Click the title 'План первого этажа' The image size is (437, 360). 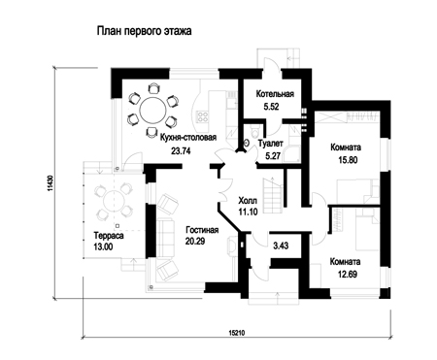click(x=144, y=31)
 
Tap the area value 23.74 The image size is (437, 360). click(x=181, y=150)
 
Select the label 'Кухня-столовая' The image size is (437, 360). click(x=188, y=138)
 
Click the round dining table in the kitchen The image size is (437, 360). click(x=152, y=109)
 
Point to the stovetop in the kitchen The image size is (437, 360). click(x=203, y=116)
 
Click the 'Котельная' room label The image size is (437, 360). click(x=275, y=94)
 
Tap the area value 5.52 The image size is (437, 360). click(x=271, y=107)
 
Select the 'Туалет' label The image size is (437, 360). click(x=271, y=144)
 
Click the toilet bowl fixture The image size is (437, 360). click(x=254, y=132)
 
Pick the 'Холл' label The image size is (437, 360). click(x=248, y=201)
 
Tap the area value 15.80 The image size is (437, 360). click(x=348, y=160)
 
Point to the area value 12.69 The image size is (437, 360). click(x=348, y=275)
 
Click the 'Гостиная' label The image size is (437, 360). click(x=202, y=230)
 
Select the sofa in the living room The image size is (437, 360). click(x=165, y=238)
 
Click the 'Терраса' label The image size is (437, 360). click(x=109, y=235)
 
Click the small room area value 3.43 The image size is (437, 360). click(x=281, y=245)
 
